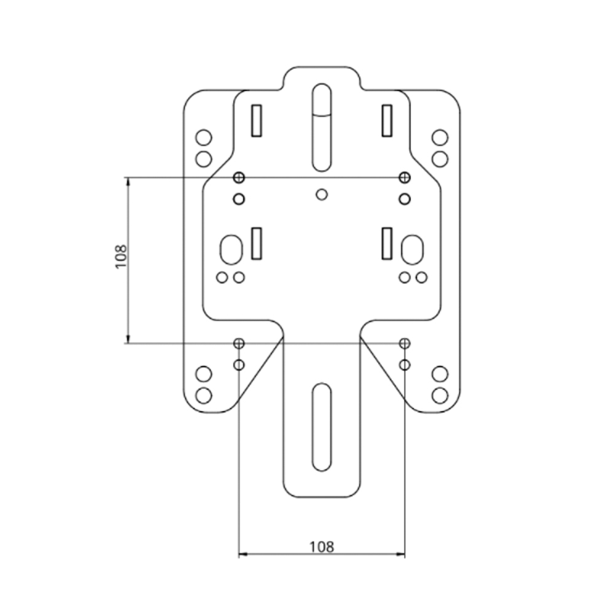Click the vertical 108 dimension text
120,256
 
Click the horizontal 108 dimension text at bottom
321,546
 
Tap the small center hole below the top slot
321,194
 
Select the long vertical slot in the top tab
321,126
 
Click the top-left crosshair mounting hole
239,177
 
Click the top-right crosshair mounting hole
404,177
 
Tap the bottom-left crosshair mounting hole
239,343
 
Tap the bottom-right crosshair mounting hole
404,343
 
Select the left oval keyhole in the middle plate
231,249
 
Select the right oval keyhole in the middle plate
411,249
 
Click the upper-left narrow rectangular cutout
257,120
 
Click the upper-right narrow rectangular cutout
387,120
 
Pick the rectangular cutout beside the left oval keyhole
257,243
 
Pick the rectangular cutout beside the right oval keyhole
387,243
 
